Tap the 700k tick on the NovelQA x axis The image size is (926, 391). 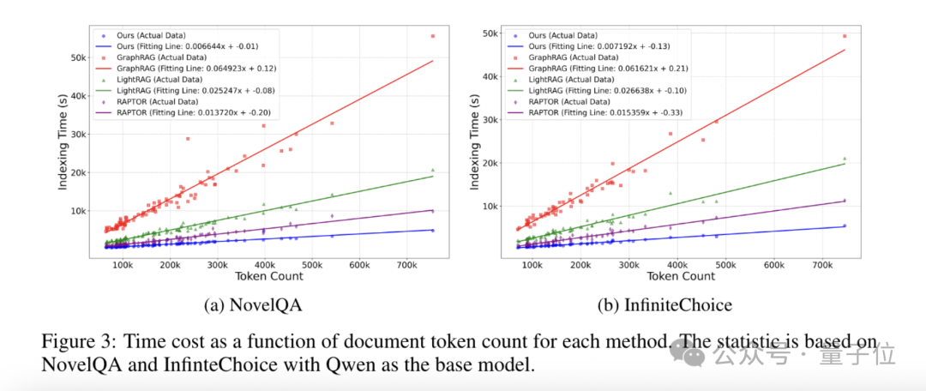click(406, 263)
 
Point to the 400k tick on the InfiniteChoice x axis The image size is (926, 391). click(676, 263)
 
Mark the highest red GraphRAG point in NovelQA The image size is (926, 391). click(433, 36)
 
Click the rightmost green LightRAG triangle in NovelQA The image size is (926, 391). click(433, 170)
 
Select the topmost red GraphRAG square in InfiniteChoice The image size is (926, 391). click(845, 36)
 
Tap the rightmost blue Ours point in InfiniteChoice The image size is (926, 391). click(845, 226)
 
